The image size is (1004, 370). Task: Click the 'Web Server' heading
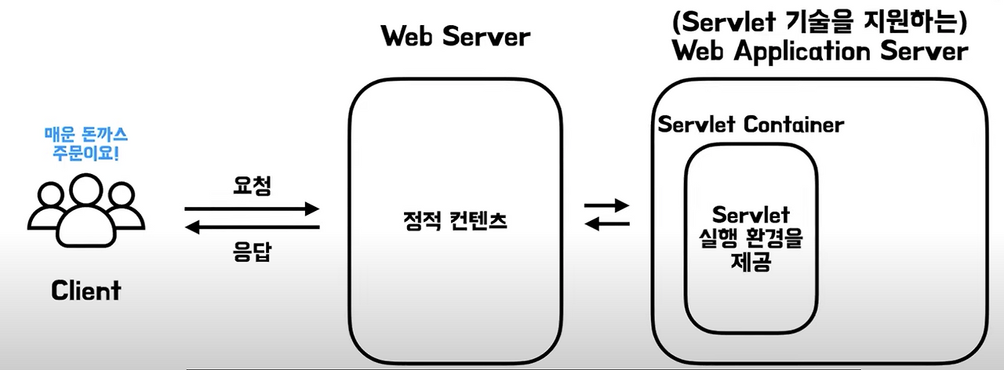455,37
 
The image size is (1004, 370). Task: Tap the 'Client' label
86,291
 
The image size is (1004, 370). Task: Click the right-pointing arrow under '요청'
253,209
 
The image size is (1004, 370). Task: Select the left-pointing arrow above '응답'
253,227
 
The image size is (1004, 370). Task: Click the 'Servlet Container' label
751,125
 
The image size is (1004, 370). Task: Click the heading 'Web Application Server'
820,53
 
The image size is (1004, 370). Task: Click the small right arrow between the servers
608,206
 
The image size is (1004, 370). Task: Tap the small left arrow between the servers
608,224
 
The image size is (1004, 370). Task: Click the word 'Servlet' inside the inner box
751,215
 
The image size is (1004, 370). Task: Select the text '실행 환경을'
751,239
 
